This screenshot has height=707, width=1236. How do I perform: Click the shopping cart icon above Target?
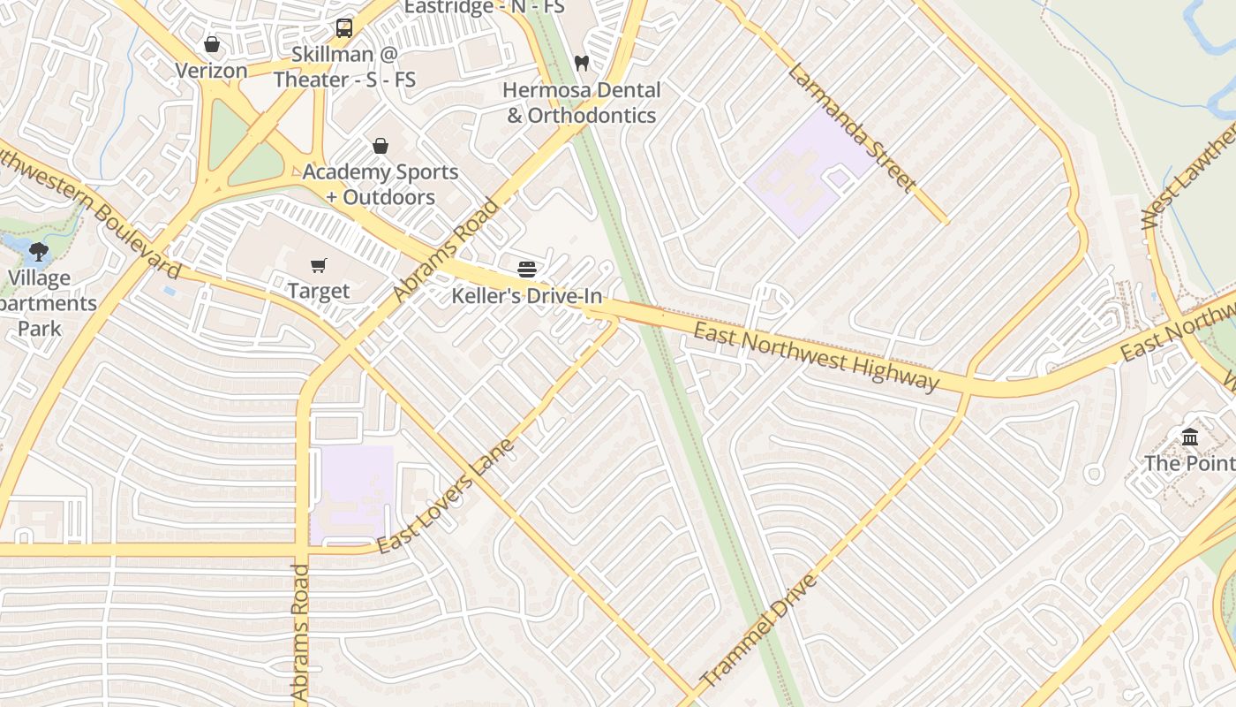319,265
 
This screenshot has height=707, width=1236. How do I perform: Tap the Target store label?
319,291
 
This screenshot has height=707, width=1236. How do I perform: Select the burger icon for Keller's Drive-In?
527,269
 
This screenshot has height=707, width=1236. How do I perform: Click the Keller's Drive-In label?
527,296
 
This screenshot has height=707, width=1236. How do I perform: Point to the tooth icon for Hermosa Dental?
581,63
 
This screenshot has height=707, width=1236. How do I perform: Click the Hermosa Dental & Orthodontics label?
582,103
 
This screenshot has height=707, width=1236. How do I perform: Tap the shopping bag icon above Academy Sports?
381,146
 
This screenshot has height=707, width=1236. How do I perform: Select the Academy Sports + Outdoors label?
381,184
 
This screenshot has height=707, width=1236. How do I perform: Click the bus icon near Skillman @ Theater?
344,28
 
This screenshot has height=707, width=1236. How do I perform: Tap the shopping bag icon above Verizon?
212,44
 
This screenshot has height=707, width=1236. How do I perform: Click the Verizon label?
211,70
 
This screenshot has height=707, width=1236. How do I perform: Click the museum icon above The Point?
1190,437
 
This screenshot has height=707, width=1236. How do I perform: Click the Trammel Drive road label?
759,631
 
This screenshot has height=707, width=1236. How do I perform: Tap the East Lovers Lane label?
445,497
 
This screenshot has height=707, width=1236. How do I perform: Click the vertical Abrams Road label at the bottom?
300,633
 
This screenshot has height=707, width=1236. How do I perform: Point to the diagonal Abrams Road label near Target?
446,250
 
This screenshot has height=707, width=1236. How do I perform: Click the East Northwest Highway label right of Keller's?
816,356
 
